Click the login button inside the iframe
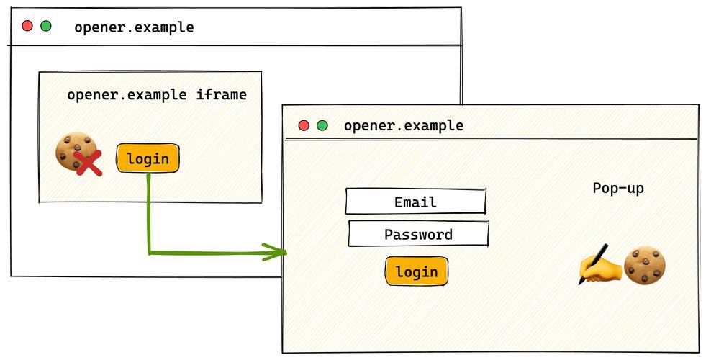[148, 158]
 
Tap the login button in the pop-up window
[417, 271]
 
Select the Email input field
[415, 202]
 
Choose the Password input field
[418, 233]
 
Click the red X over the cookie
[88, 163]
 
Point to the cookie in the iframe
[76, 151]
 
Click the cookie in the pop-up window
[645, 265]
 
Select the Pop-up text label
[618, 188]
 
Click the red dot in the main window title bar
[27, 26]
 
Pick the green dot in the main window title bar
[46, 26]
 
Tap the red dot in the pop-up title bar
[304, 125]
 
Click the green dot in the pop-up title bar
[322, 125]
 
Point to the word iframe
[221, 94]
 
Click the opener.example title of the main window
[134, 27]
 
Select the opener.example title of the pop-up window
[404, 125]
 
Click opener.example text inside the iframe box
[127, 94]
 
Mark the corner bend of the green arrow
[149, 253]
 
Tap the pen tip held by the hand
[580, 283]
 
